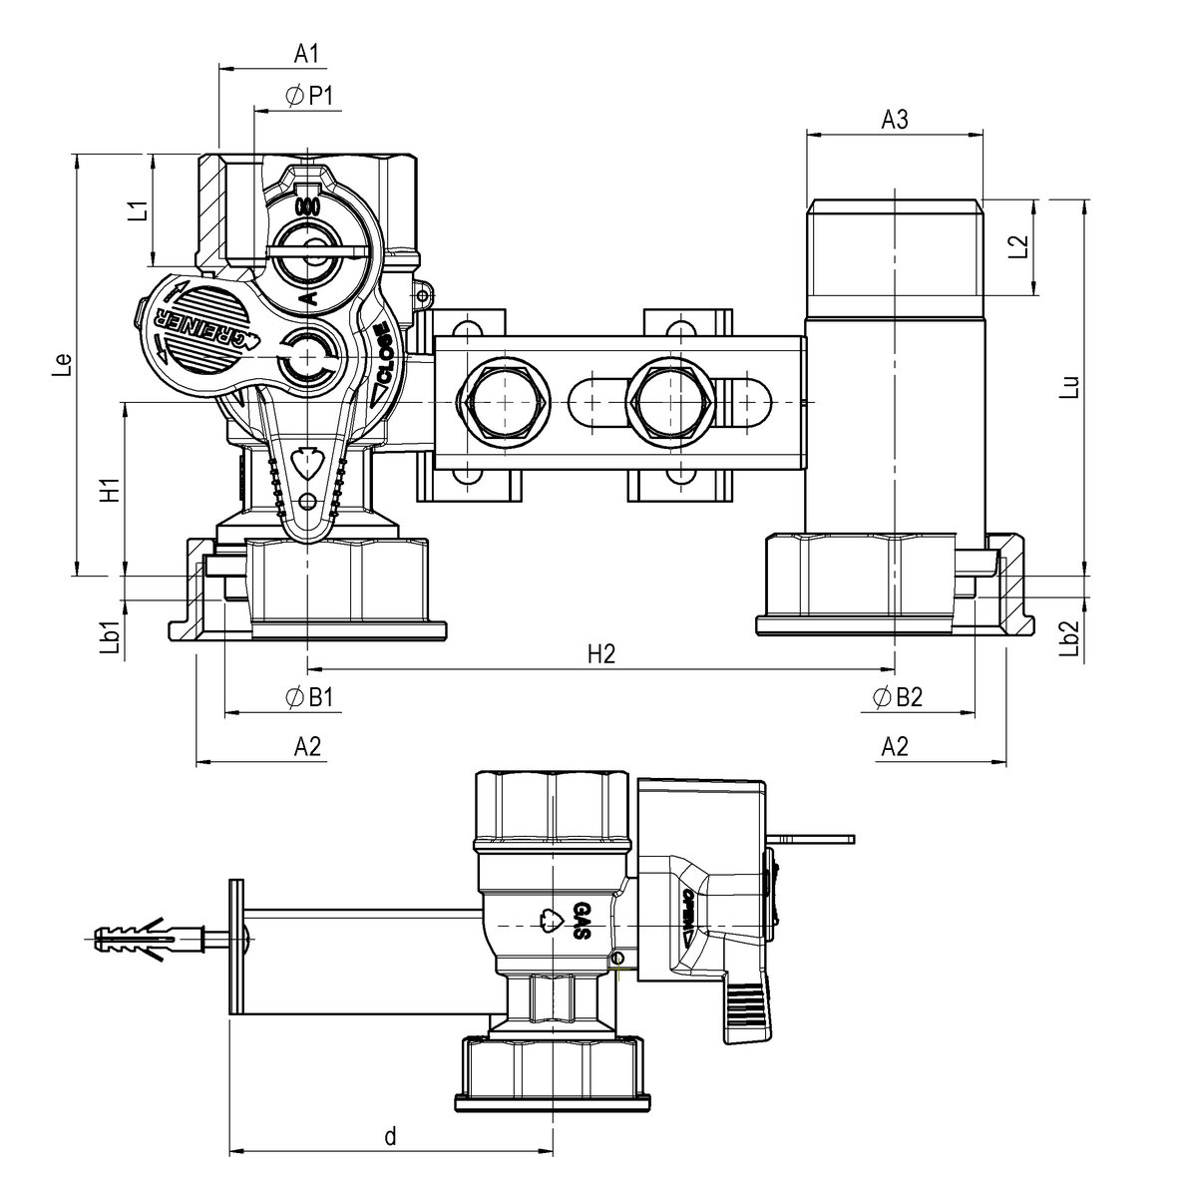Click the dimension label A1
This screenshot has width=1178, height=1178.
(306, 53)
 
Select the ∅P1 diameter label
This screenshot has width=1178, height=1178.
(312, 95)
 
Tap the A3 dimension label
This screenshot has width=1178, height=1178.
(895, 120)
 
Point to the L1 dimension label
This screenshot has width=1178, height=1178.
(139, 211)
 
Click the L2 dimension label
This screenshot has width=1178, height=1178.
(1017, 247)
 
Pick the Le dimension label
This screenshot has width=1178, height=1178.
(62, 365)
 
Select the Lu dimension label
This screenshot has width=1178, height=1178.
(1068, 387)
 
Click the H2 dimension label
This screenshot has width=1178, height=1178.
(600, 653)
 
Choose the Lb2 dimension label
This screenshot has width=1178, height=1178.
(1068, 639)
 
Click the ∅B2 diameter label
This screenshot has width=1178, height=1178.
(897, 697)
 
